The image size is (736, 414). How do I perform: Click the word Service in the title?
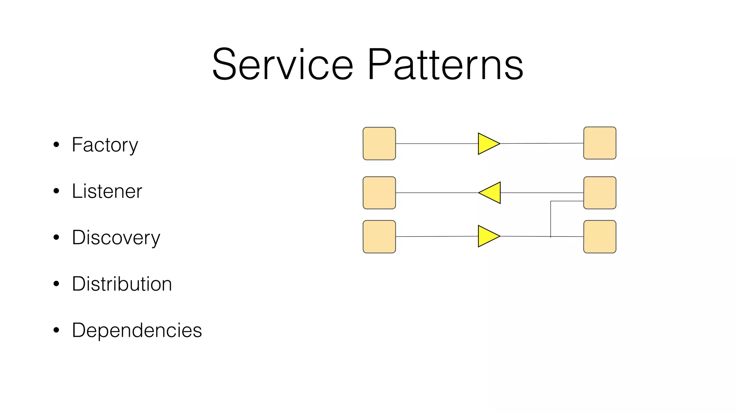click(283, 65)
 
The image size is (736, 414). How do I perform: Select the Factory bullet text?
click(105, 145)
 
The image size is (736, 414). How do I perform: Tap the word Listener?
click(107, 191)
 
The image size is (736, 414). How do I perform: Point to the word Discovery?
click(116, 238)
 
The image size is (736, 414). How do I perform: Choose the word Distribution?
click(122, 284)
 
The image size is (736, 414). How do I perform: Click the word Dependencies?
click(137, 330)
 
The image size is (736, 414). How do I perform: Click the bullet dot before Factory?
click(56, 145)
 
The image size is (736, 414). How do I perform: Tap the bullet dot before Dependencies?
click(56, 330)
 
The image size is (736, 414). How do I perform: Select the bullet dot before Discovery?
click(56, 238)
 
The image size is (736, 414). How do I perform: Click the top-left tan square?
click(379, 143)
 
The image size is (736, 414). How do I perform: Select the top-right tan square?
click(599, 143)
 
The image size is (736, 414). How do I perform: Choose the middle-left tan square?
click(379, 193)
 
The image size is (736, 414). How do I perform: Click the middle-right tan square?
click(599, 193)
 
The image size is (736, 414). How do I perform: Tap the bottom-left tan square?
click(379, 236)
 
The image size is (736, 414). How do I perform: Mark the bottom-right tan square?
click(599, 236)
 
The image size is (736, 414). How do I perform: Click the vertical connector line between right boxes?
click(551, 219)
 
